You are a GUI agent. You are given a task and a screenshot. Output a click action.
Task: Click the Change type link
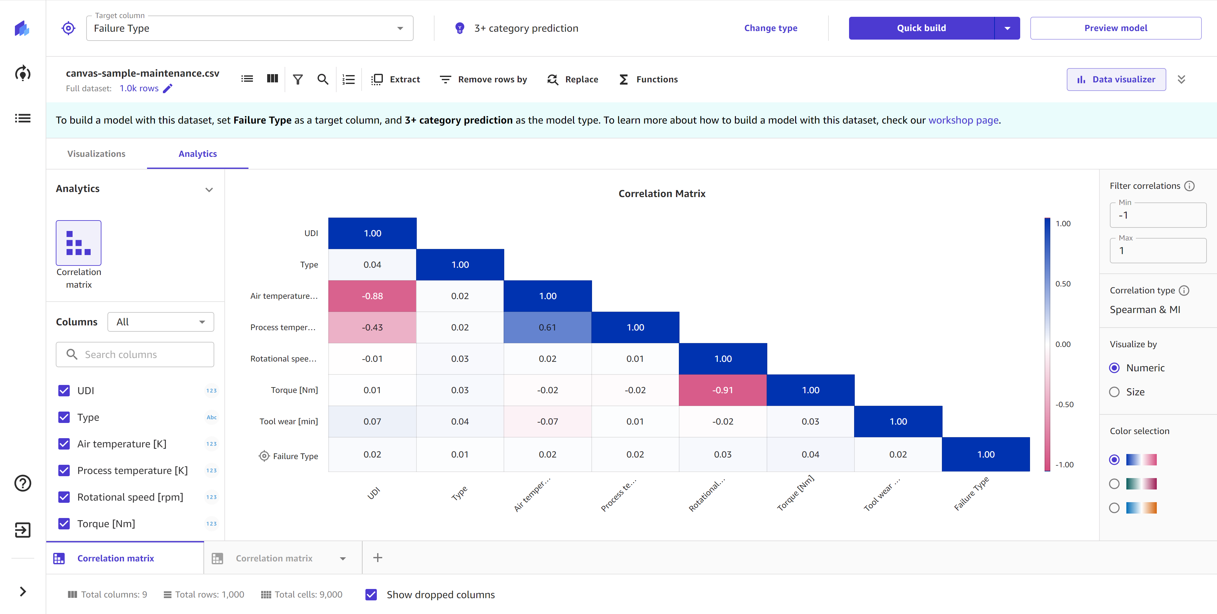[770, 28]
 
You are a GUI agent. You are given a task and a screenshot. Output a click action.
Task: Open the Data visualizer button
[1116, 79]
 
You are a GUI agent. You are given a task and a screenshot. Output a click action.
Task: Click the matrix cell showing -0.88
[372, 296]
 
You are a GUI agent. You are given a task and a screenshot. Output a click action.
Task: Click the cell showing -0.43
[372, 327]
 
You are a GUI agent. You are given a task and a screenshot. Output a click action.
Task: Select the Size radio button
[1114, 392]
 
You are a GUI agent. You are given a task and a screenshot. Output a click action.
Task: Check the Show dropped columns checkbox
[371, 595]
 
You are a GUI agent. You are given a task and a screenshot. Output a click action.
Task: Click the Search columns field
[135, 355]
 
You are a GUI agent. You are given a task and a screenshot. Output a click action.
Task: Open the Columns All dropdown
[161, 322]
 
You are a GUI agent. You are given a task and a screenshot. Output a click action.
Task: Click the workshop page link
[963, 120]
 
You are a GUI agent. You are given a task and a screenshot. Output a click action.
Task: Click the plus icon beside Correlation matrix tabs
[377, 558]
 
